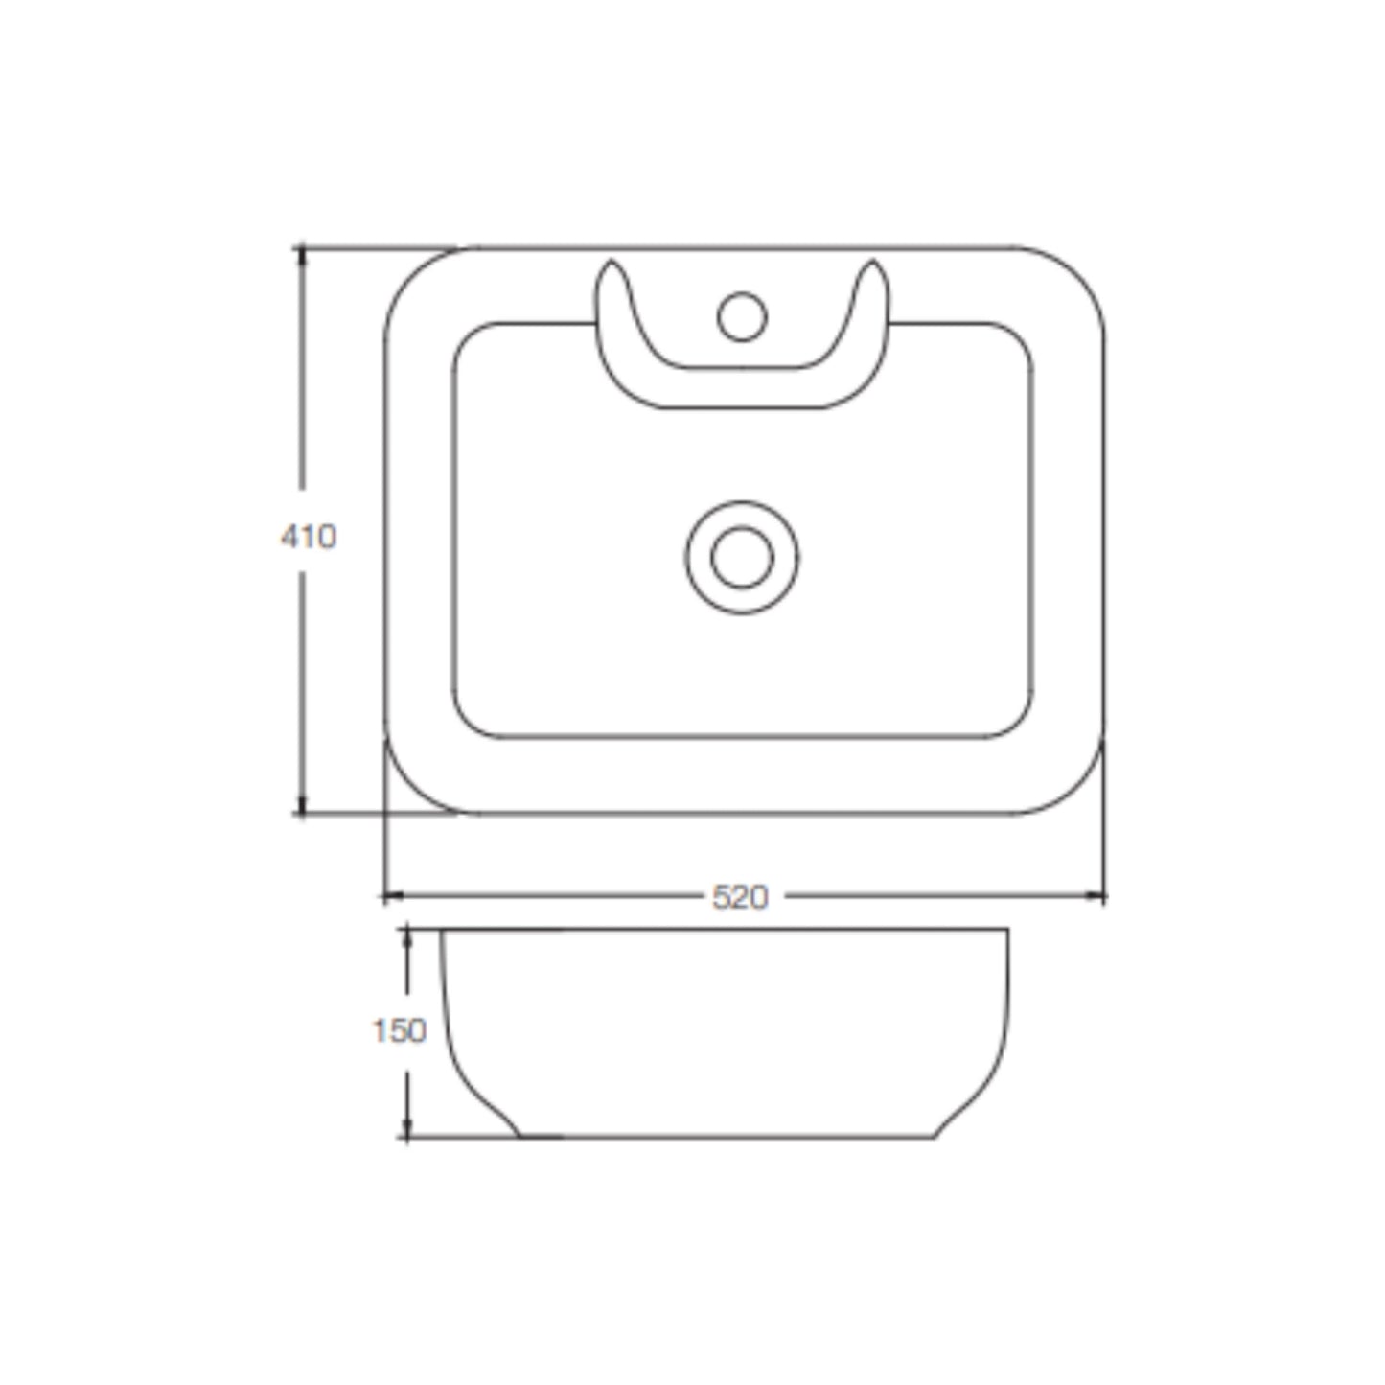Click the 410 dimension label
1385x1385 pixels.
click(309, 537)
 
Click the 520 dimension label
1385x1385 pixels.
click(740, 897)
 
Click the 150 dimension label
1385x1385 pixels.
click(400, 1032)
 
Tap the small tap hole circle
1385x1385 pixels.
click(743, 316)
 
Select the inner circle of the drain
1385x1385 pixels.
click(743, 557)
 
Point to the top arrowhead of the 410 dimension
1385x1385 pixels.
click(302, 256)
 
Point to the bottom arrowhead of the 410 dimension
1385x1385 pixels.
click(302, 805)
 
